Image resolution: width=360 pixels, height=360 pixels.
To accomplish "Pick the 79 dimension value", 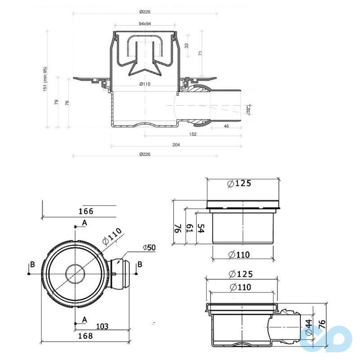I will click(x=56, y=102).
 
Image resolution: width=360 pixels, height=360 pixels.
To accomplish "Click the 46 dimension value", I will click(x=226, y=127).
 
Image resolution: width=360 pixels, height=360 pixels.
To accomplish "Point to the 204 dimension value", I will click(x=176, y=145).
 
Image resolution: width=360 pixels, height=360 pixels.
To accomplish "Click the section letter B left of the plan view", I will click(x=31, y=264).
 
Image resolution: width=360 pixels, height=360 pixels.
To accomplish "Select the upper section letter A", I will click(x=84, y=223).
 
